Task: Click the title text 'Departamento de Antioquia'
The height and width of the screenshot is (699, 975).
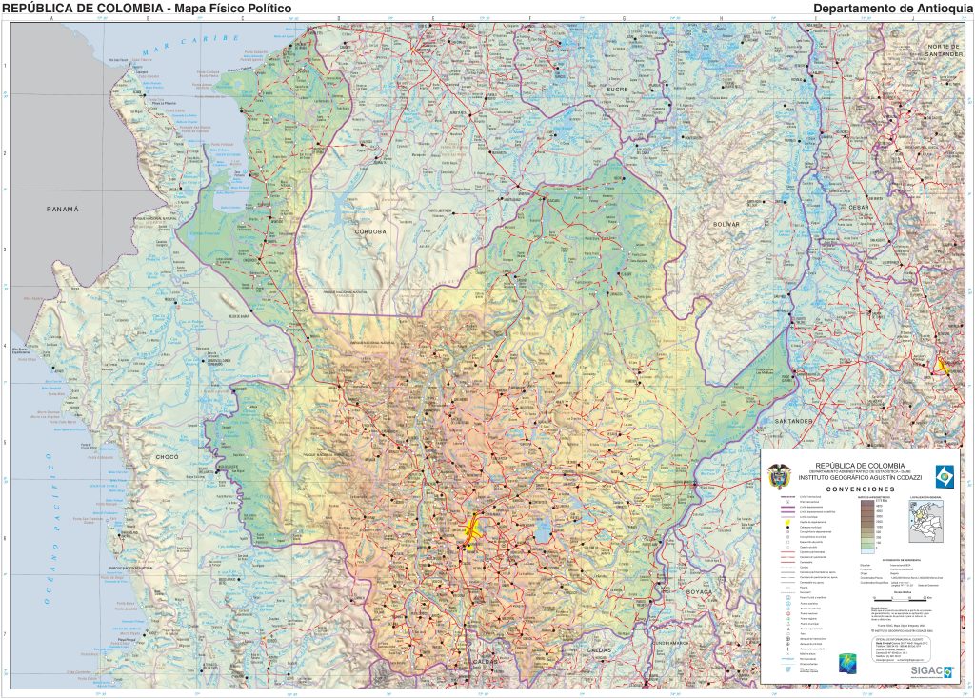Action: tap(892, 9)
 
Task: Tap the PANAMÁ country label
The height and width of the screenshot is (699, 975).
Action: tap(63, 209)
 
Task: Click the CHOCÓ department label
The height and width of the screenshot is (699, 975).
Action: tap(167, 458)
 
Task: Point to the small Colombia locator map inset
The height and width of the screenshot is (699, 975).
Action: tap(924, 522)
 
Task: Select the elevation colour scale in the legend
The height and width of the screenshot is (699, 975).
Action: tap(867, 524)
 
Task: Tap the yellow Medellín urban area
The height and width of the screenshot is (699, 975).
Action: tap(470, 532)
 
